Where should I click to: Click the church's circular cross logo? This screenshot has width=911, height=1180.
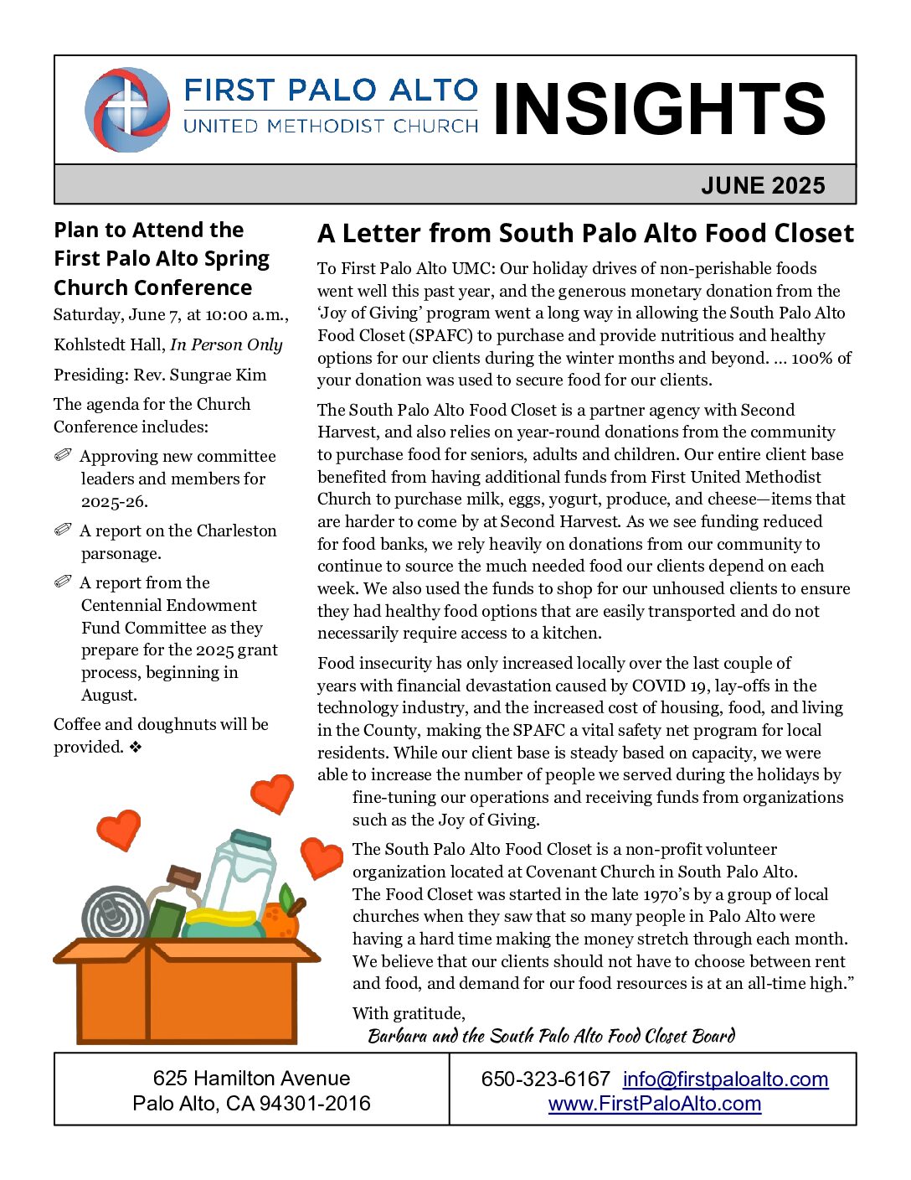127,110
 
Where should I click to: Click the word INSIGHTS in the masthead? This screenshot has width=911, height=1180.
660,110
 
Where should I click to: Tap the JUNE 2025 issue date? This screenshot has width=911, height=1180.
763,185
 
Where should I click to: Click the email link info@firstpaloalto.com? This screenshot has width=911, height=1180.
725,1079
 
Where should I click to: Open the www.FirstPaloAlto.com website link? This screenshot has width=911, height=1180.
654,1104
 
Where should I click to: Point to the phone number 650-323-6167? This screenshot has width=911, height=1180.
545,1079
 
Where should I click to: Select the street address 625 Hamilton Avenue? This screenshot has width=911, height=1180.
251,1079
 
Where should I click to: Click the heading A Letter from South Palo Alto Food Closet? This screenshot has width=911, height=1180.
585,233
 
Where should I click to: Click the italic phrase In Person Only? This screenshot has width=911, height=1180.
226,344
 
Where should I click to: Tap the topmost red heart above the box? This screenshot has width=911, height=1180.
272,792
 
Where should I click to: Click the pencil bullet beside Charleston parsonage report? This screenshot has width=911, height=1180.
64,530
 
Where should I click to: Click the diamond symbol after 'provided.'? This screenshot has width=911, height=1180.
136,747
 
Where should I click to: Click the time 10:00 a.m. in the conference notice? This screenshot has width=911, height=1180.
247,315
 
